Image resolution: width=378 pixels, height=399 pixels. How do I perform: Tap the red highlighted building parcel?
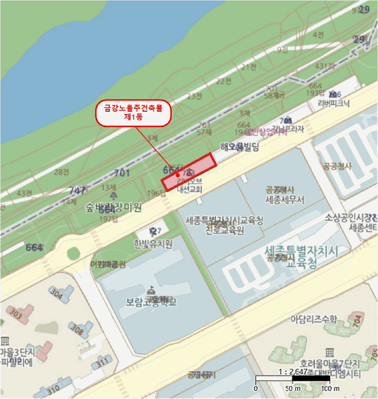click(189, 172)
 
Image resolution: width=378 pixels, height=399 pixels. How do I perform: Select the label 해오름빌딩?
click(239, 148)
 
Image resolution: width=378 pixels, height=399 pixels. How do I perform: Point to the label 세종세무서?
click(285, 199)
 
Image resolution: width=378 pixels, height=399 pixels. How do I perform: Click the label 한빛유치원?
click(153, 244)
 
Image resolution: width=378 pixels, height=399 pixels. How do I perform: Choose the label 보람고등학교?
click(151, 302)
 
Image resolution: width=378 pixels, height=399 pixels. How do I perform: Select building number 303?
click(16, 314)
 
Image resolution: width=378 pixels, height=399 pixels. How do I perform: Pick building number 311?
click(102, 363)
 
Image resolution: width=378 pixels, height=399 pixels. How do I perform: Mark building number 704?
click(356, 320)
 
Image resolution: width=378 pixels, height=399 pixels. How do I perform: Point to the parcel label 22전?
click(224, 82)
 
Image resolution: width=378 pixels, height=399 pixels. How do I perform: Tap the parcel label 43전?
click(25, 193)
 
